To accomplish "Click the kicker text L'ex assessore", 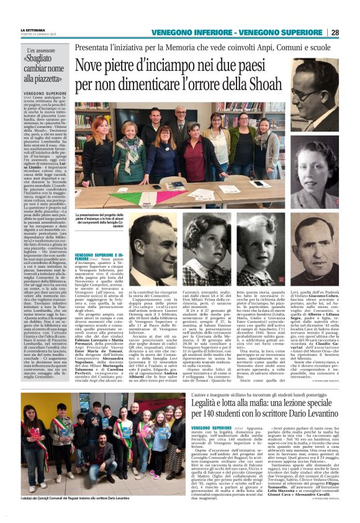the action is pyautogui.click(x=37, y=50).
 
